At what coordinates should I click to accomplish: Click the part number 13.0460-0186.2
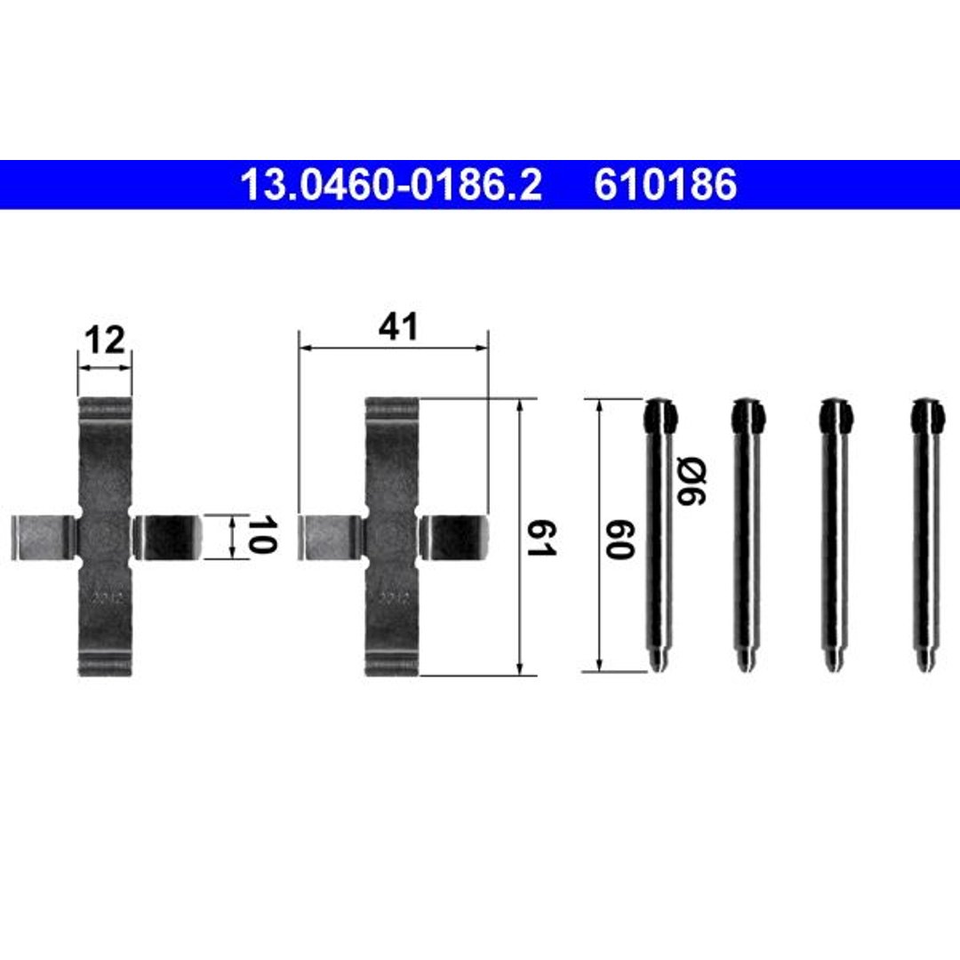(391, 185)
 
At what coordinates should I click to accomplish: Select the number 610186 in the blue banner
(666, 185)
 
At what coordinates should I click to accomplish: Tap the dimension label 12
(105, 340)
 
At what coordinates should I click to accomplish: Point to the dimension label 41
(398, 327)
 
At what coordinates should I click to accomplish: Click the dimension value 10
(262, 535)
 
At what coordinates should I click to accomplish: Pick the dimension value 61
(542, 538)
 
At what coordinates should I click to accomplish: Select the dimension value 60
(619, 540)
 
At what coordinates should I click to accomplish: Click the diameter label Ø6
(692, 483)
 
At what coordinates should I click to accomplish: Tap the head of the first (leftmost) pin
(660, 415)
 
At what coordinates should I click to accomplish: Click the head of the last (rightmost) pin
(927, 415)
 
